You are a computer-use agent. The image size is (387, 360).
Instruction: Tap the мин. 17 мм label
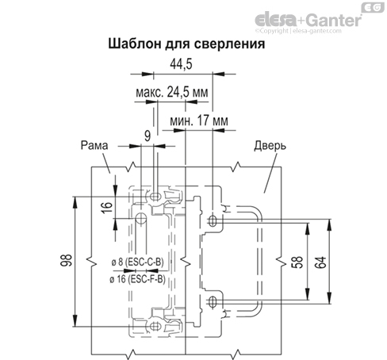(x=199, y=121)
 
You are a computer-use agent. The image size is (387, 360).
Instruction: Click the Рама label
(x=94, y=145)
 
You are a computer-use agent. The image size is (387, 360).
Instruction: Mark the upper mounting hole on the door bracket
(x=213, y=217)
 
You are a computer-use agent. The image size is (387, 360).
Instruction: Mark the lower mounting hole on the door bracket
(x=213, y=301)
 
